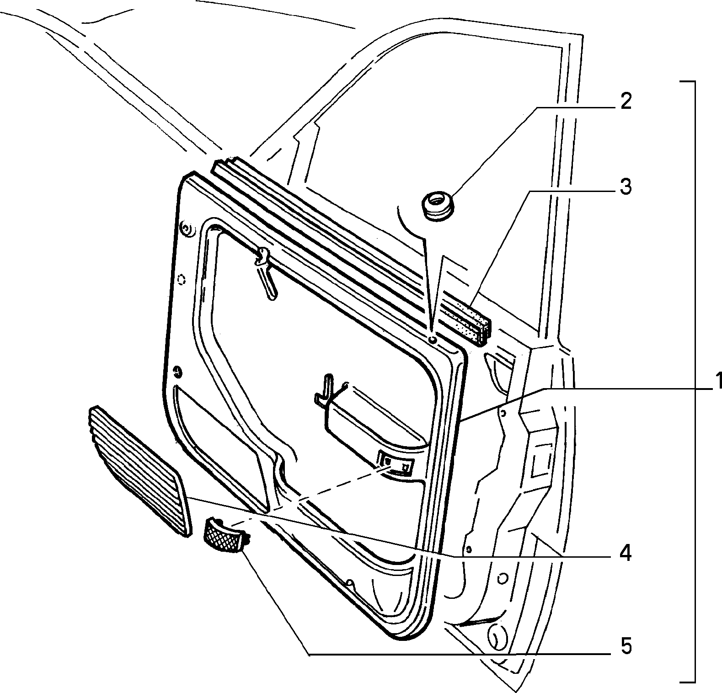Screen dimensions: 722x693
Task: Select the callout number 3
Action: click(x=625, y=187)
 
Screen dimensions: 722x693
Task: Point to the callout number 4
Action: click(x=625, y=554)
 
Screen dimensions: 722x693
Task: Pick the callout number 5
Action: click(x=625, y=646)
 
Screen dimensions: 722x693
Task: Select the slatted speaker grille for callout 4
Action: click(x=137, y=471)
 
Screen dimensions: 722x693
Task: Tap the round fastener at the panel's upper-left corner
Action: click(x=186, y=228)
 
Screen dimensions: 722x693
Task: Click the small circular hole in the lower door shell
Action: click(x=502, y=579)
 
